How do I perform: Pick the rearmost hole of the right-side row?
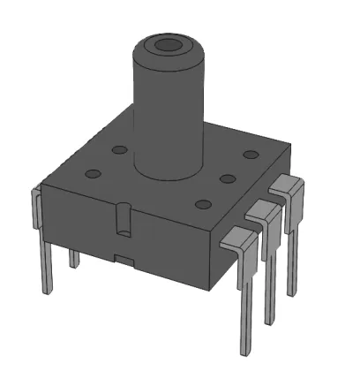click(251, 155)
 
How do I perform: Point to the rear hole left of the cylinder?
click(117, 150)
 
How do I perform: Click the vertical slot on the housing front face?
click(124, 219)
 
